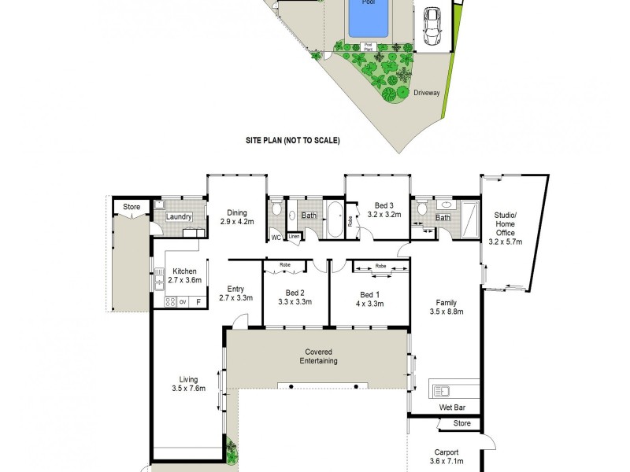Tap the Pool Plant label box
tap(368, 46)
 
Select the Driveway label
tap(426, 93)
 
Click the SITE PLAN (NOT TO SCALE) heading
tap(292, 141)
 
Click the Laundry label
tap(180, 216)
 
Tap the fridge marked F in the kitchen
tap(198, 301)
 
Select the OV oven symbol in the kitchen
tap(182, 301)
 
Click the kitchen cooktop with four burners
tap(169, 301)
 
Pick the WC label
tap(276, 236)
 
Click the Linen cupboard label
tap(294, 236)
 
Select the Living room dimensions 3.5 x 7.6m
tap(187, 387)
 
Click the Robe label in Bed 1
tap(380, 266)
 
